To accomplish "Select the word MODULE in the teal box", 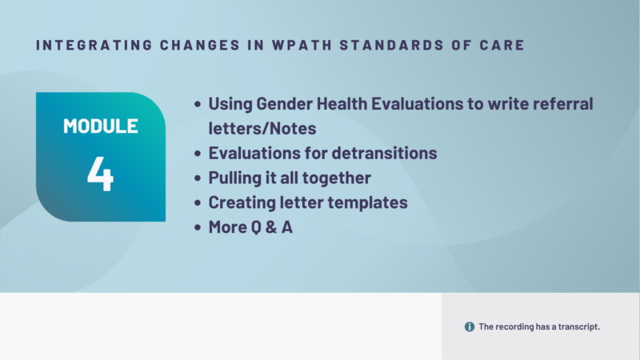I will pos(101,126).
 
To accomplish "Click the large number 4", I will pos(101,174).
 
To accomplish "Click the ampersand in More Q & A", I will pos(267,227).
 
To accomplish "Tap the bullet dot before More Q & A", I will pos(198,227).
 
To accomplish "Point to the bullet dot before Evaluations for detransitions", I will pos(198,154).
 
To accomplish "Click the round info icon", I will pos(470,326).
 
